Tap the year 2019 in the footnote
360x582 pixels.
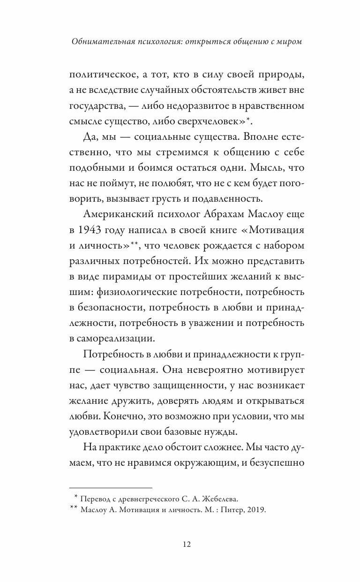pyautogui.click(x=256, y=510)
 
